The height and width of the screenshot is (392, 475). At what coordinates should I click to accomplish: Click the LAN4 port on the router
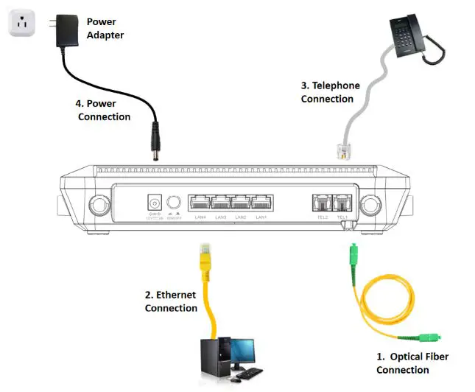click(x=200, y=203)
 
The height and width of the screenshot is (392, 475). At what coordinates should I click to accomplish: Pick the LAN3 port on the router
click(x=220, y=203)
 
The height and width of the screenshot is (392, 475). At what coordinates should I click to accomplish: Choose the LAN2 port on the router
click(x=241, y=203)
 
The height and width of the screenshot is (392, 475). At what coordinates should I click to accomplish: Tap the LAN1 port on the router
click(x=261, y=203)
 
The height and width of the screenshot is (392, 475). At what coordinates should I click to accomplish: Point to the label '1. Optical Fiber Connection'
click(x=412, y=363)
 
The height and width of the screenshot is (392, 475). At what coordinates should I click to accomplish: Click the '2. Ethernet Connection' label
click(x=171, y=301)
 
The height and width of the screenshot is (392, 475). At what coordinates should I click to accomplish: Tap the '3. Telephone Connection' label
click(x=330, y=92)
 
